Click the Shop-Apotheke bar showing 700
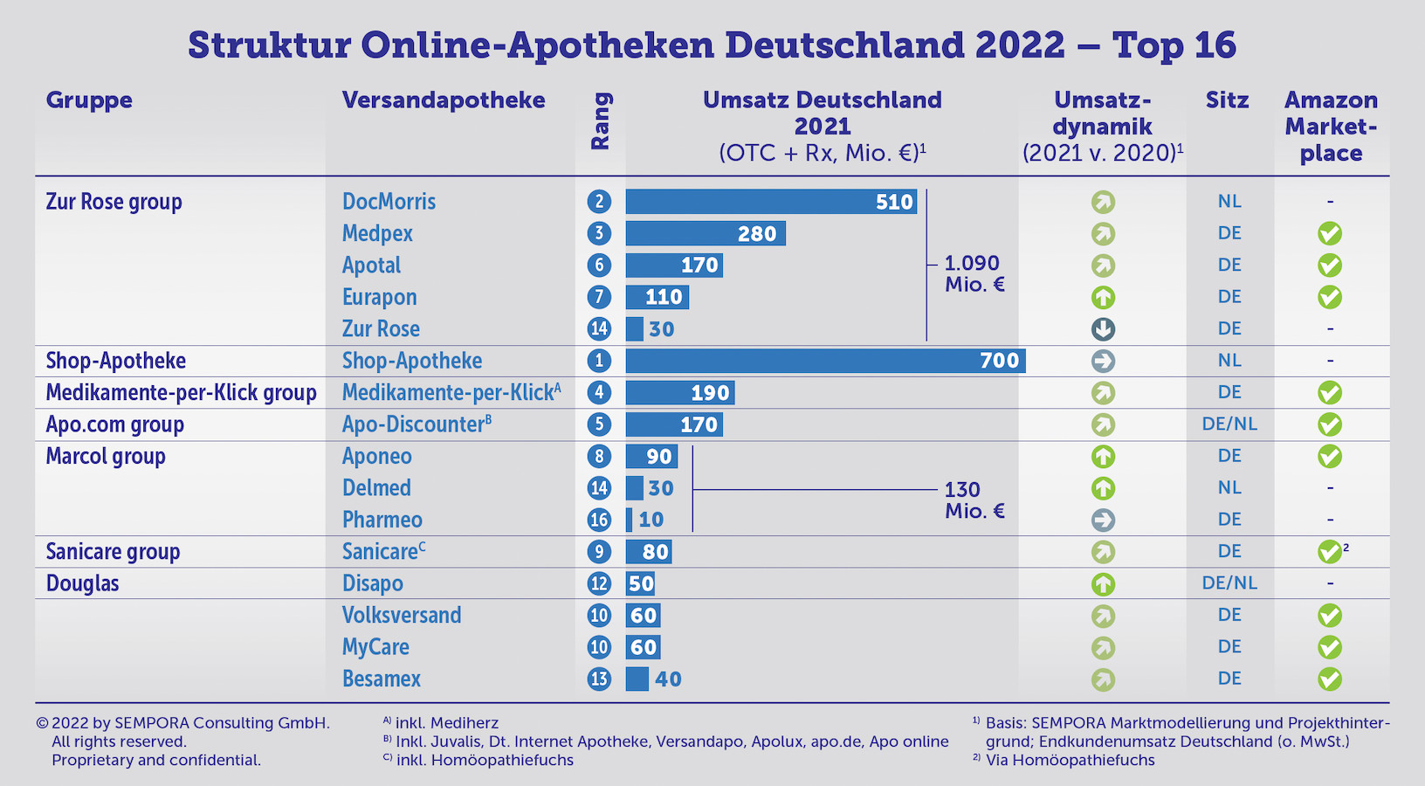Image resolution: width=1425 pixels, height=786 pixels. (825, 361)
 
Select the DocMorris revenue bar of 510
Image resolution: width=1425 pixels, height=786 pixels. (771, 202)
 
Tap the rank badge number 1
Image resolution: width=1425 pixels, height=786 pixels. (599, 361)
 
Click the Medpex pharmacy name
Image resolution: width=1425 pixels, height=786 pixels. (377, 234)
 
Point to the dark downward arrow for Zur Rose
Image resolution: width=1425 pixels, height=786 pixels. (1103, 329)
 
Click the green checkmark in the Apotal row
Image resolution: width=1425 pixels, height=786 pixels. (1329, 265)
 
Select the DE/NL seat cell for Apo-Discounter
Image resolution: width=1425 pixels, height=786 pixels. (1229, 424)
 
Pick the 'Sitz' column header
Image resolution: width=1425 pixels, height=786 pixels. (1227, 100)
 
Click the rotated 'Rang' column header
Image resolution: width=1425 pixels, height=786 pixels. (601, 122)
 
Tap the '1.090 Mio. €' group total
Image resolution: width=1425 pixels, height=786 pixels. (974, 273)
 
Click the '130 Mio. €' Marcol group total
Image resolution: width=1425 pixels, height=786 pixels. (974, 500)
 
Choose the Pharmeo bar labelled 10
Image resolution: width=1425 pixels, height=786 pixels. (630, 520)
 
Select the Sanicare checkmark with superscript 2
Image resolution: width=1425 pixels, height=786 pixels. (1329, 552)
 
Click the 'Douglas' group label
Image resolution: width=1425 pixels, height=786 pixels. (82, 583)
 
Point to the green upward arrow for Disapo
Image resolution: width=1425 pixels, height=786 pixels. (1103, 583)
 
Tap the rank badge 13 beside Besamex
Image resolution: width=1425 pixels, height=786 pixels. (599, 679)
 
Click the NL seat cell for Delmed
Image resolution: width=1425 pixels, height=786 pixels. (1229, 488)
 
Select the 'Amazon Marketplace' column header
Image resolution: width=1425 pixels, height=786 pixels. (1331, 127)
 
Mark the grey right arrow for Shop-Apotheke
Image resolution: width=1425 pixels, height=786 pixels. (1103, 361)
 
